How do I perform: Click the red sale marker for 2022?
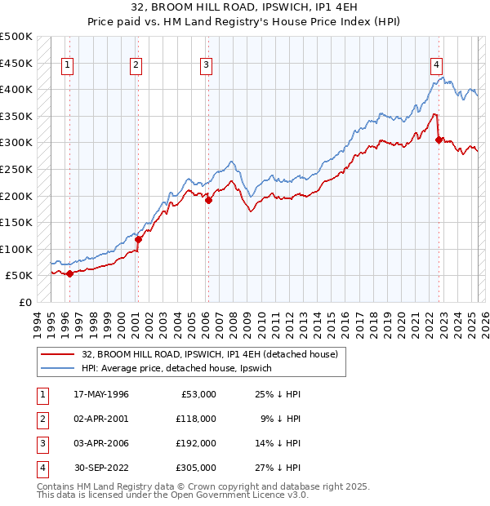(439, 140)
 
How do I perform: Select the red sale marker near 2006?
(208, 200)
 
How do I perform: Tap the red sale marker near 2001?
(139, 239)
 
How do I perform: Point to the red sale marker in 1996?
(70, 274)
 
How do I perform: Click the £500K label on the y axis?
(16, 37)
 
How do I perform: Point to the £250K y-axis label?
(16, 169)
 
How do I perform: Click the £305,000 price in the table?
(195, 468)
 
